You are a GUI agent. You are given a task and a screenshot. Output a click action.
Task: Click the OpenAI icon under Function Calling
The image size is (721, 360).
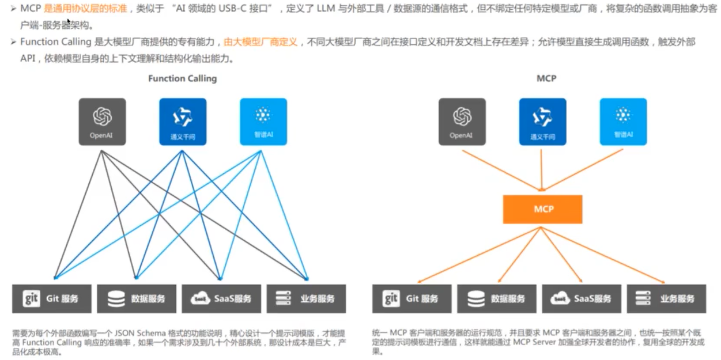click(102, 121)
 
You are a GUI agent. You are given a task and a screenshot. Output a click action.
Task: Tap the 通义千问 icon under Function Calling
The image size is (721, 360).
click(183, 121)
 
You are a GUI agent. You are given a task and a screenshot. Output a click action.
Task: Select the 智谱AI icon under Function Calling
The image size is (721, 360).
click(263, 121)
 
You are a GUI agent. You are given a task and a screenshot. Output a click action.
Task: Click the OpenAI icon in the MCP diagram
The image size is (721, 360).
click(462, 121)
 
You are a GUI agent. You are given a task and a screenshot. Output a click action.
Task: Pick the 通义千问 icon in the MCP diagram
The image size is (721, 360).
click(542, 121)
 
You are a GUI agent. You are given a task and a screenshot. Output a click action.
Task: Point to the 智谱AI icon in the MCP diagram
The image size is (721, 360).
click(623, 121)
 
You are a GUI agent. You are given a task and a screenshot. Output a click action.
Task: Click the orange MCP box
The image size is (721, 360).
click(542, 209)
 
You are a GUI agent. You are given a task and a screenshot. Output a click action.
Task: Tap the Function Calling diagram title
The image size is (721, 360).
click(182, 78)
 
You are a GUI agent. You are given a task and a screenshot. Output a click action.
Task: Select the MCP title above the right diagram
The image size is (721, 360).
click(546, 78)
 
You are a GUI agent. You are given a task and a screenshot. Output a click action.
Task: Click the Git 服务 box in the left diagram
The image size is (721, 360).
click(52, 298)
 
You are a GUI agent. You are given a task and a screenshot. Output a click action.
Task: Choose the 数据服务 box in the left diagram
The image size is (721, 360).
click(137, 298)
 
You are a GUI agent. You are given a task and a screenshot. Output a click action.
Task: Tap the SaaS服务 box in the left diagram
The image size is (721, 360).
click(222, 298)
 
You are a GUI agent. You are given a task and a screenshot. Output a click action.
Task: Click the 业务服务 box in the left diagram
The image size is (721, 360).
click(307, 298)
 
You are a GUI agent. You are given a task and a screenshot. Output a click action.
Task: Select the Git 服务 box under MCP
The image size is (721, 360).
click(412, 298)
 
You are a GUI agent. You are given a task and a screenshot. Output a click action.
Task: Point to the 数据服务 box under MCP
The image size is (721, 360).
click(497, 298)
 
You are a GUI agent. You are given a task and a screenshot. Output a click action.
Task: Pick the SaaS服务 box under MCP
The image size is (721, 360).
click(582, 298)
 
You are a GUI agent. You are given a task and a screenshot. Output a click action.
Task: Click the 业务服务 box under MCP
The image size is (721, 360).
click(666, 298)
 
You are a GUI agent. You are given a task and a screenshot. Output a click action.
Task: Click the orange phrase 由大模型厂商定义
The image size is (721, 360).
click(261, 42)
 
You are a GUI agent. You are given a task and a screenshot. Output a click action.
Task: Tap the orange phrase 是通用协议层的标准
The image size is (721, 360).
click(85, 9)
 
